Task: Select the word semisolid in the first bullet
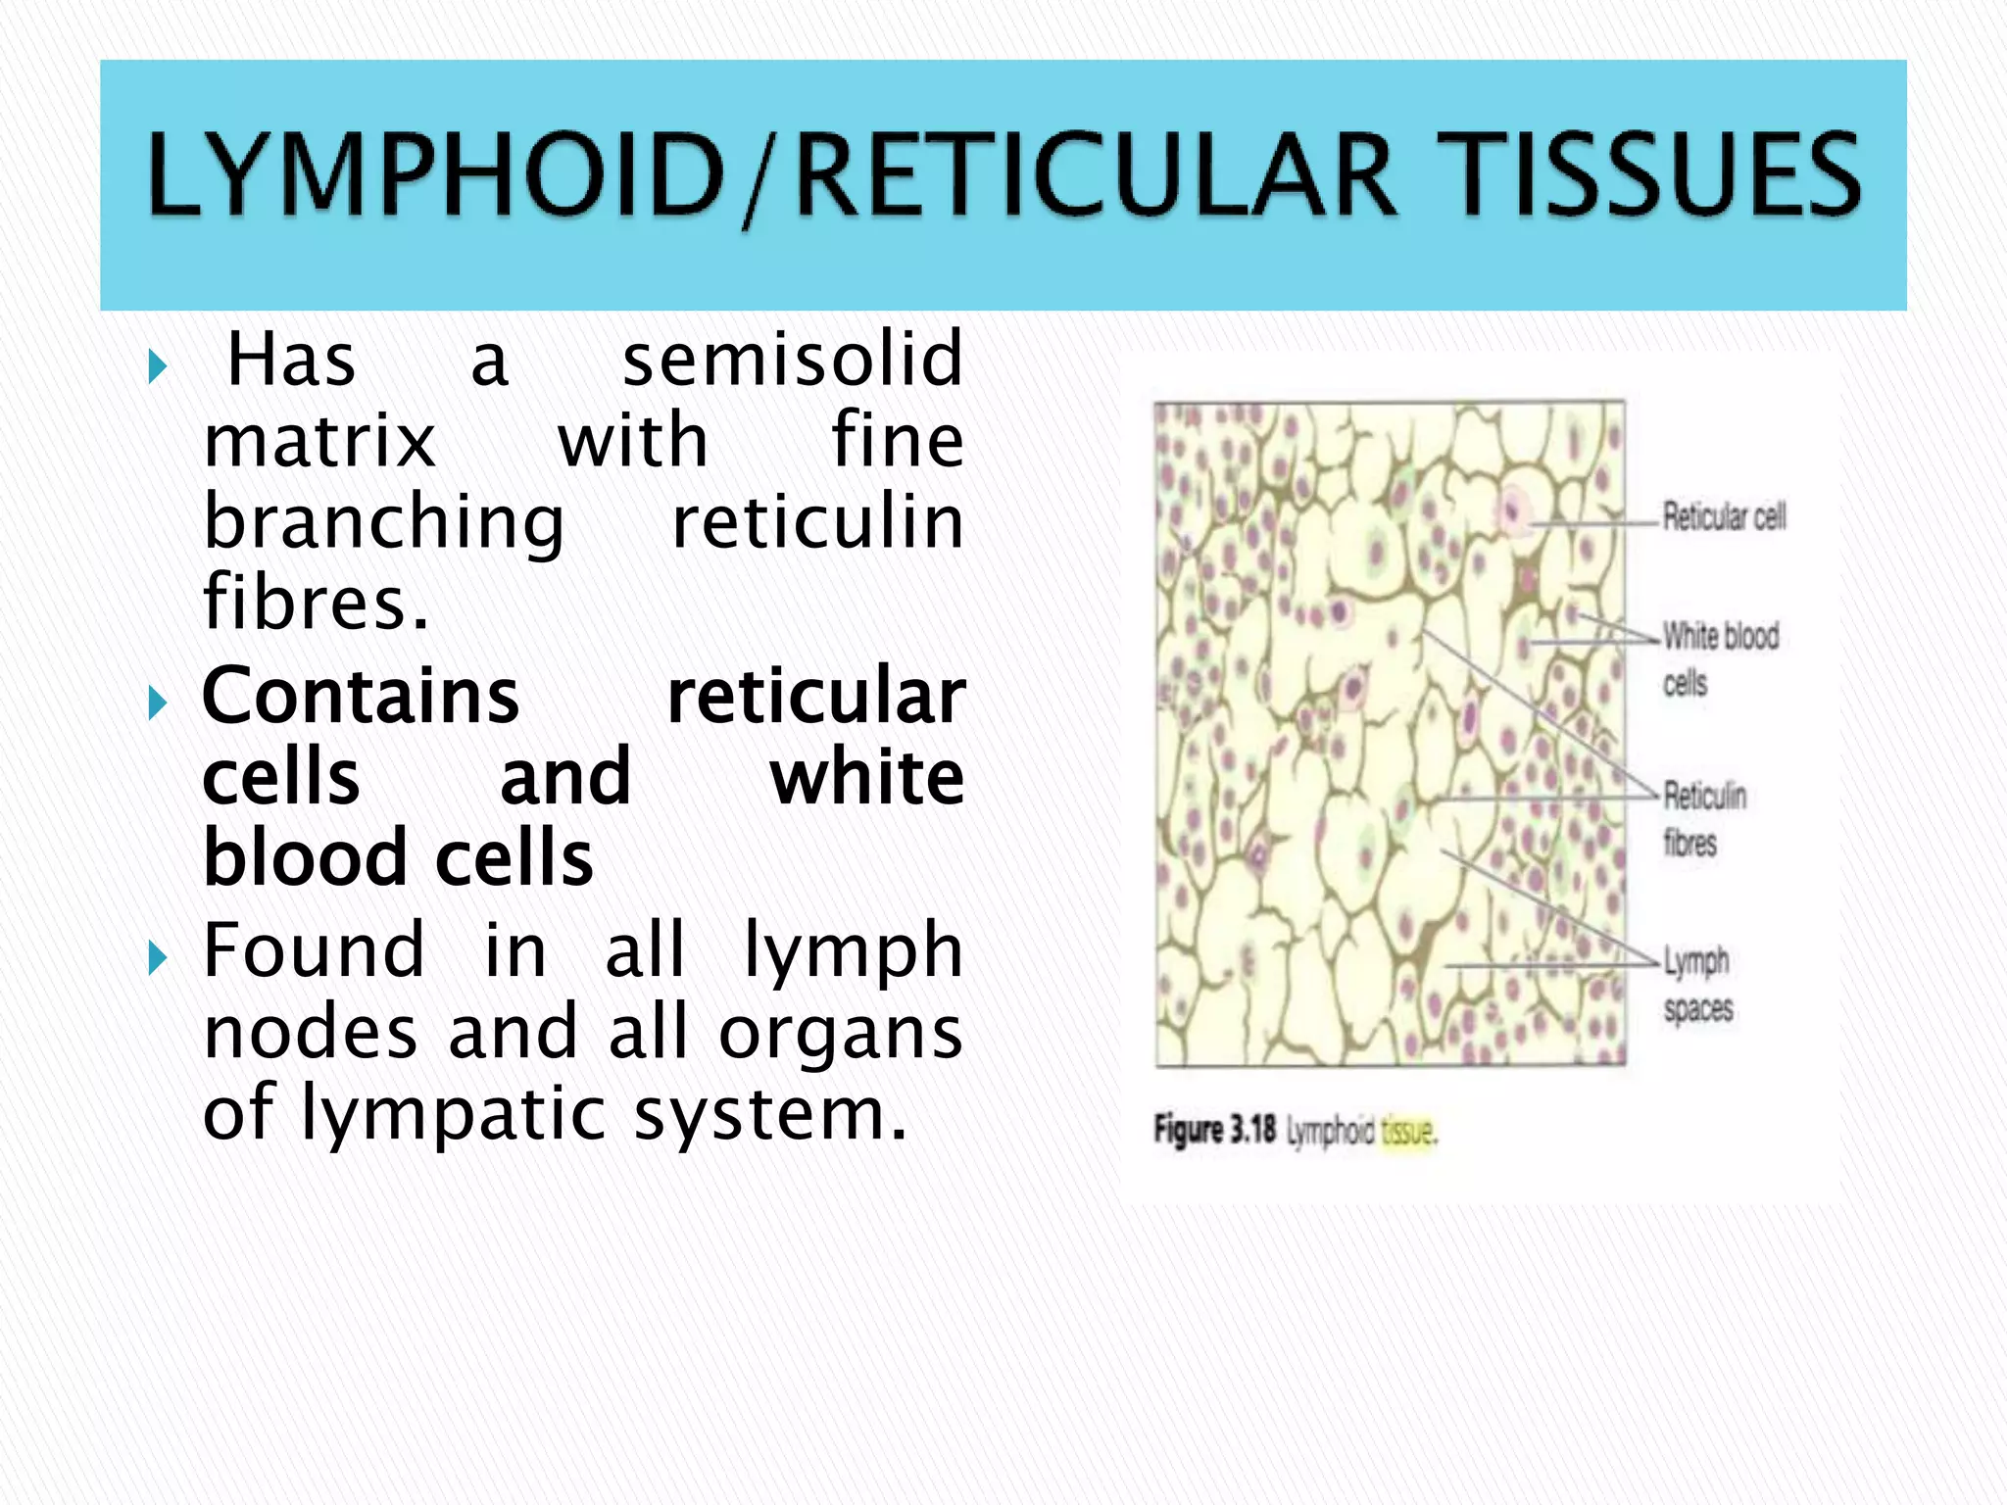(x=793, y=360)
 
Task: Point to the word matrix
(x=319, y=441)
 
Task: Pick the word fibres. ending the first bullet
(x=316, y=602)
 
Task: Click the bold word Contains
(x=361, y=696)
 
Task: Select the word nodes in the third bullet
(x=310, y=1033)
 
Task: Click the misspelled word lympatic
(x=455, y=1115)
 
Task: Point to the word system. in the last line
(x=770, y=1115)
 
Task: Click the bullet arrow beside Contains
(x=157, y=702)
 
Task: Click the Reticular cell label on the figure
(x=1724, y=516)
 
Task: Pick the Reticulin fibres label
(x=1704, y=818)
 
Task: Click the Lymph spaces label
(x=1696, y=984)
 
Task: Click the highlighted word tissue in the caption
(x=1407, y=1132)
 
